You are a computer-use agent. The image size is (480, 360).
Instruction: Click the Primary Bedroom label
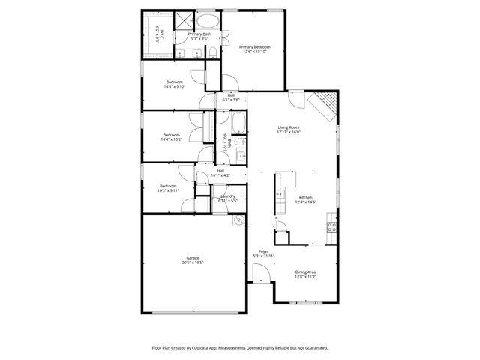[x=254, y=46]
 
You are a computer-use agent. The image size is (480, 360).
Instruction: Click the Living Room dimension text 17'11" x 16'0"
[x=289, y=132]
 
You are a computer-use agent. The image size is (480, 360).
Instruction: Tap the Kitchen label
[x=305, y=196]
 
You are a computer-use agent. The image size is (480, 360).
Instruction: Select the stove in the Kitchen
[x=331, y=226]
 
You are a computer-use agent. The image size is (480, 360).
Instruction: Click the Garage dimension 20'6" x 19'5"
[x=193, y=262]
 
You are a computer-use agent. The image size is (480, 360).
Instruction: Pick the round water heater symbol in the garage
[x=238, y=220]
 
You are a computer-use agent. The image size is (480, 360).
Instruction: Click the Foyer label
[x=263, y=251]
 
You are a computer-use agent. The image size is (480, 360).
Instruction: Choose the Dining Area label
[x=305, y=271]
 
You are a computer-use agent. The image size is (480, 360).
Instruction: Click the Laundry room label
[x=228, y=196]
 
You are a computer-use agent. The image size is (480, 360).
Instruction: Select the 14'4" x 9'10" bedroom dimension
[x=174, y=86]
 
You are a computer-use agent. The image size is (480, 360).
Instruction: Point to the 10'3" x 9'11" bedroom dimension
[x=168, y=190]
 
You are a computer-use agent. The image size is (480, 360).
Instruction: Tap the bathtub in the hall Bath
[x=238, y=121]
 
